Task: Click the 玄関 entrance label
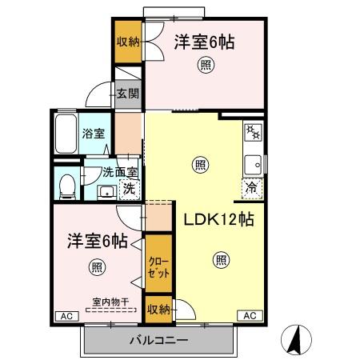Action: pyautogui.click(x=127, y=94)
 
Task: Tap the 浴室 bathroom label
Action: pyautogui.click(x=94, y=134)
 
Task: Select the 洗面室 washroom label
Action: pyautogui.click(x=119, y=172)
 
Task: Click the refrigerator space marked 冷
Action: pyautogui.click(x=252, y=190)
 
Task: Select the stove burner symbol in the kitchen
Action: pyautogui.click(x=254, y=131)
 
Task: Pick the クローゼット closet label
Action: pyautogui.click(x=158, y=267)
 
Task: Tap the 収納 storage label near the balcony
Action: pyautogui.click(x=158, y=309)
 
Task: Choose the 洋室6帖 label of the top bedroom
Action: pyautogui.click(x=204, y=42)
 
